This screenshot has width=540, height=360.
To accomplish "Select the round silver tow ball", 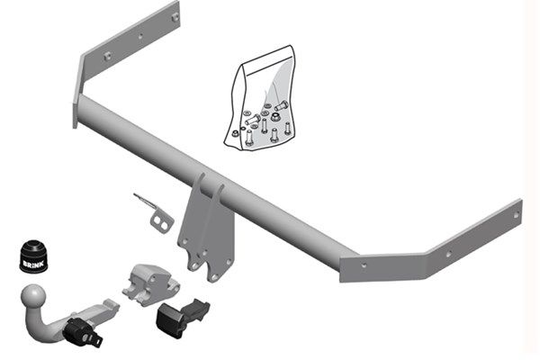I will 33,296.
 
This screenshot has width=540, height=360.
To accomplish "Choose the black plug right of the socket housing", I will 181,315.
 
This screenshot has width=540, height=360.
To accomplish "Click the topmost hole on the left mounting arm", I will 174,16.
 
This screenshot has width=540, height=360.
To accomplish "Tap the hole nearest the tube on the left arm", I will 107,56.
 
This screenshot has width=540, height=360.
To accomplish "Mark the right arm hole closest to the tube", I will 364,265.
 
